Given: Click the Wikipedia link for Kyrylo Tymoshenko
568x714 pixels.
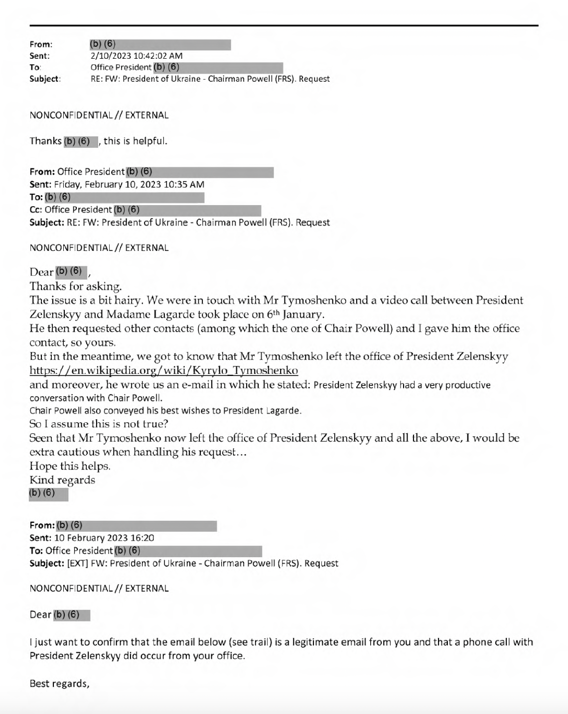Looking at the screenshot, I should [164, 371].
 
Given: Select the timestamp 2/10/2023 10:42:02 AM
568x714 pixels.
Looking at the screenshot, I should [137, 56].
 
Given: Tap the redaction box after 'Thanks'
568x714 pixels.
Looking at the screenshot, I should [80, 141].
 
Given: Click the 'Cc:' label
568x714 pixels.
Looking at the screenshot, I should [36, 210].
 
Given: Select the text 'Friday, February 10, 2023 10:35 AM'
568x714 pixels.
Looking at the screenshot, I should [129, 185].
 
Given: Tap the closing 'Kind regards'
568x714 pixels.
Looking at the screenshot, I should [62, 480].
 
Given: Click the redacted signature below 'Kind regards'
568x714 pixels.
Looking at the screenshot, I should [48, 494].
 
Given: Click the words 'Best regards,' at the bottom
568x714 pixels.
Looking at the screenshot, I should [59, 684].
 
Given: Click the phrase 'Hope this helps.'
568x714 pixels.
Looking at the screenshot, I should [70, 467].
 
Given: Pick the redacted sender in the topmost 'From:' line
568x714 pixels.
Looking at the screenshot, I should [160, 45].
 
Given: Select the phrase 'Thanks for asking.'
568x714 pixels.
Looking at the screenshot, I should [76, 286].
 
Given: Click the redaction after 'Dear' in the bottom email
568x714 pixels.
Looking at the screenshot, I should [71, 615].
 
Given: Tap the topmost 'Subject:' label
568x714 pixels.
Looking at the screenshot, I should [45, 79].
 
